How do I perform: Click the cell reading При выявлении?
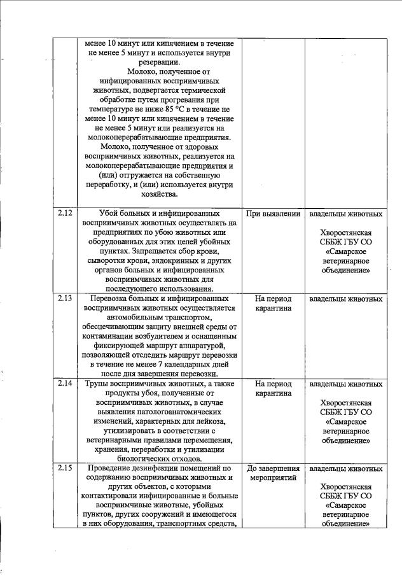pyautogui.click(x=273, y=214)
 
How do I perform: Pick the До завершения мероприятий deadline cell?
pyautogui.click(x=273, y=474)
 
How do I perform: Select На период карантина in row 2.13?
pyautogui.click(x=273, y=304)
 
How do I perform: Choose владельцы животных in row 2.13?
pyautogui.click(x=345, y=299)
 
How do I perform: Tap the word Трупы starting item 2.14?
pyautogui.click(x=99, y=384)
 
